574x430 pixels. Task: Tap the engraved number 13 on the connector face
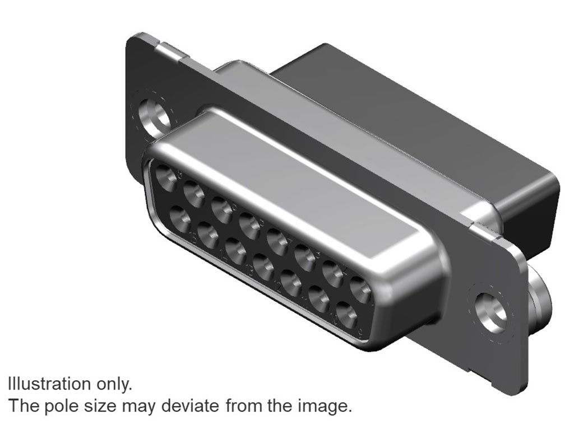(x=250, y=270)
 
